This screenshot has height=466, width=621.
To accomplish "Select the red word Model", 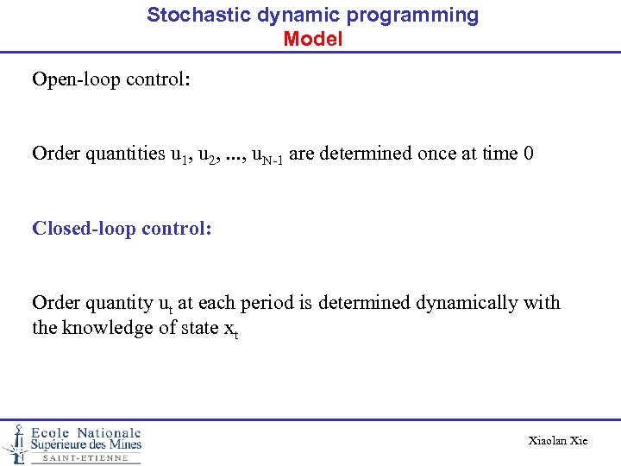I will tap(312, 39).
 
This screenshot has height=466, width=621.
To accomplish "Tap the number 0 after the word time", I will tap(528, 154).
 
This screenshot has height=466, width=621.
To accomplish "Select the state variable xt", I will tap(229, 330).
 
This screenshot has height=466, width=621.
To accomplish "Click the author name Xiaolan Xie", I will tap(557, 440).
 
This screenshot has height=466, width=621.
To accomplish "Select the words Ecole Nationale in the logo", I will tap(86, 432).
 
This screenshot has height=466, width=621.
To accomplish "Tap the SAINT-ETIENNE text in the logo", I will tap(85, 458).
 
